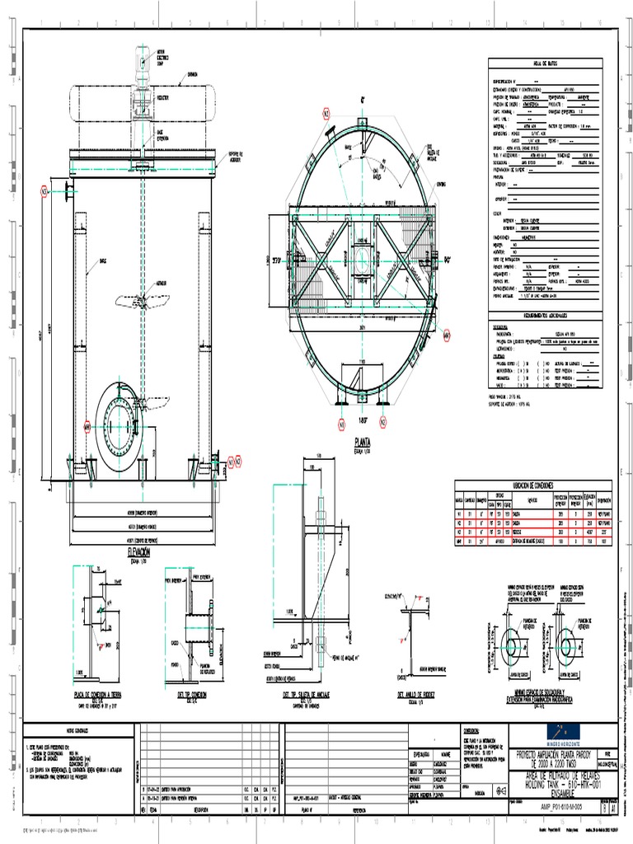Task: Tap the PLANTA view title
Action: point(361,441)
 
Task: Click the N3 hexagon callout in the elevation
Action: point(45,191)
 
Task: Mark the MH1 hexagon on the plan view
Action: point(447,335)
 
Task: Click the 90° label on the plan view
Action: point(450,260)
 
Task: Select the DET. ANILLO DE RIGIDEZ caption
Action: point(415,695)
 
